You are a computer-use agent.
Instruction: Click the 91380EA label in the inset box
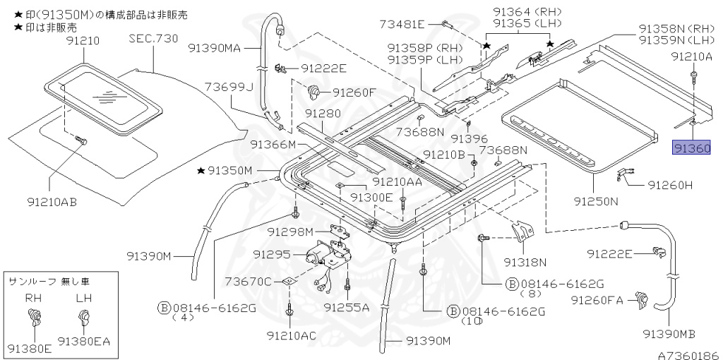(84, 342)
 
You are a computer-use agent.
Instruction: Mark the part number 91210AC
(292, 334)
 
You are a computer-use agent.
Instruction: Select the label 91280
(323, 114)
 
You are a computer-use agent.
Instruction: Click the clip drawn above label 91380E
(33, 320)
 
